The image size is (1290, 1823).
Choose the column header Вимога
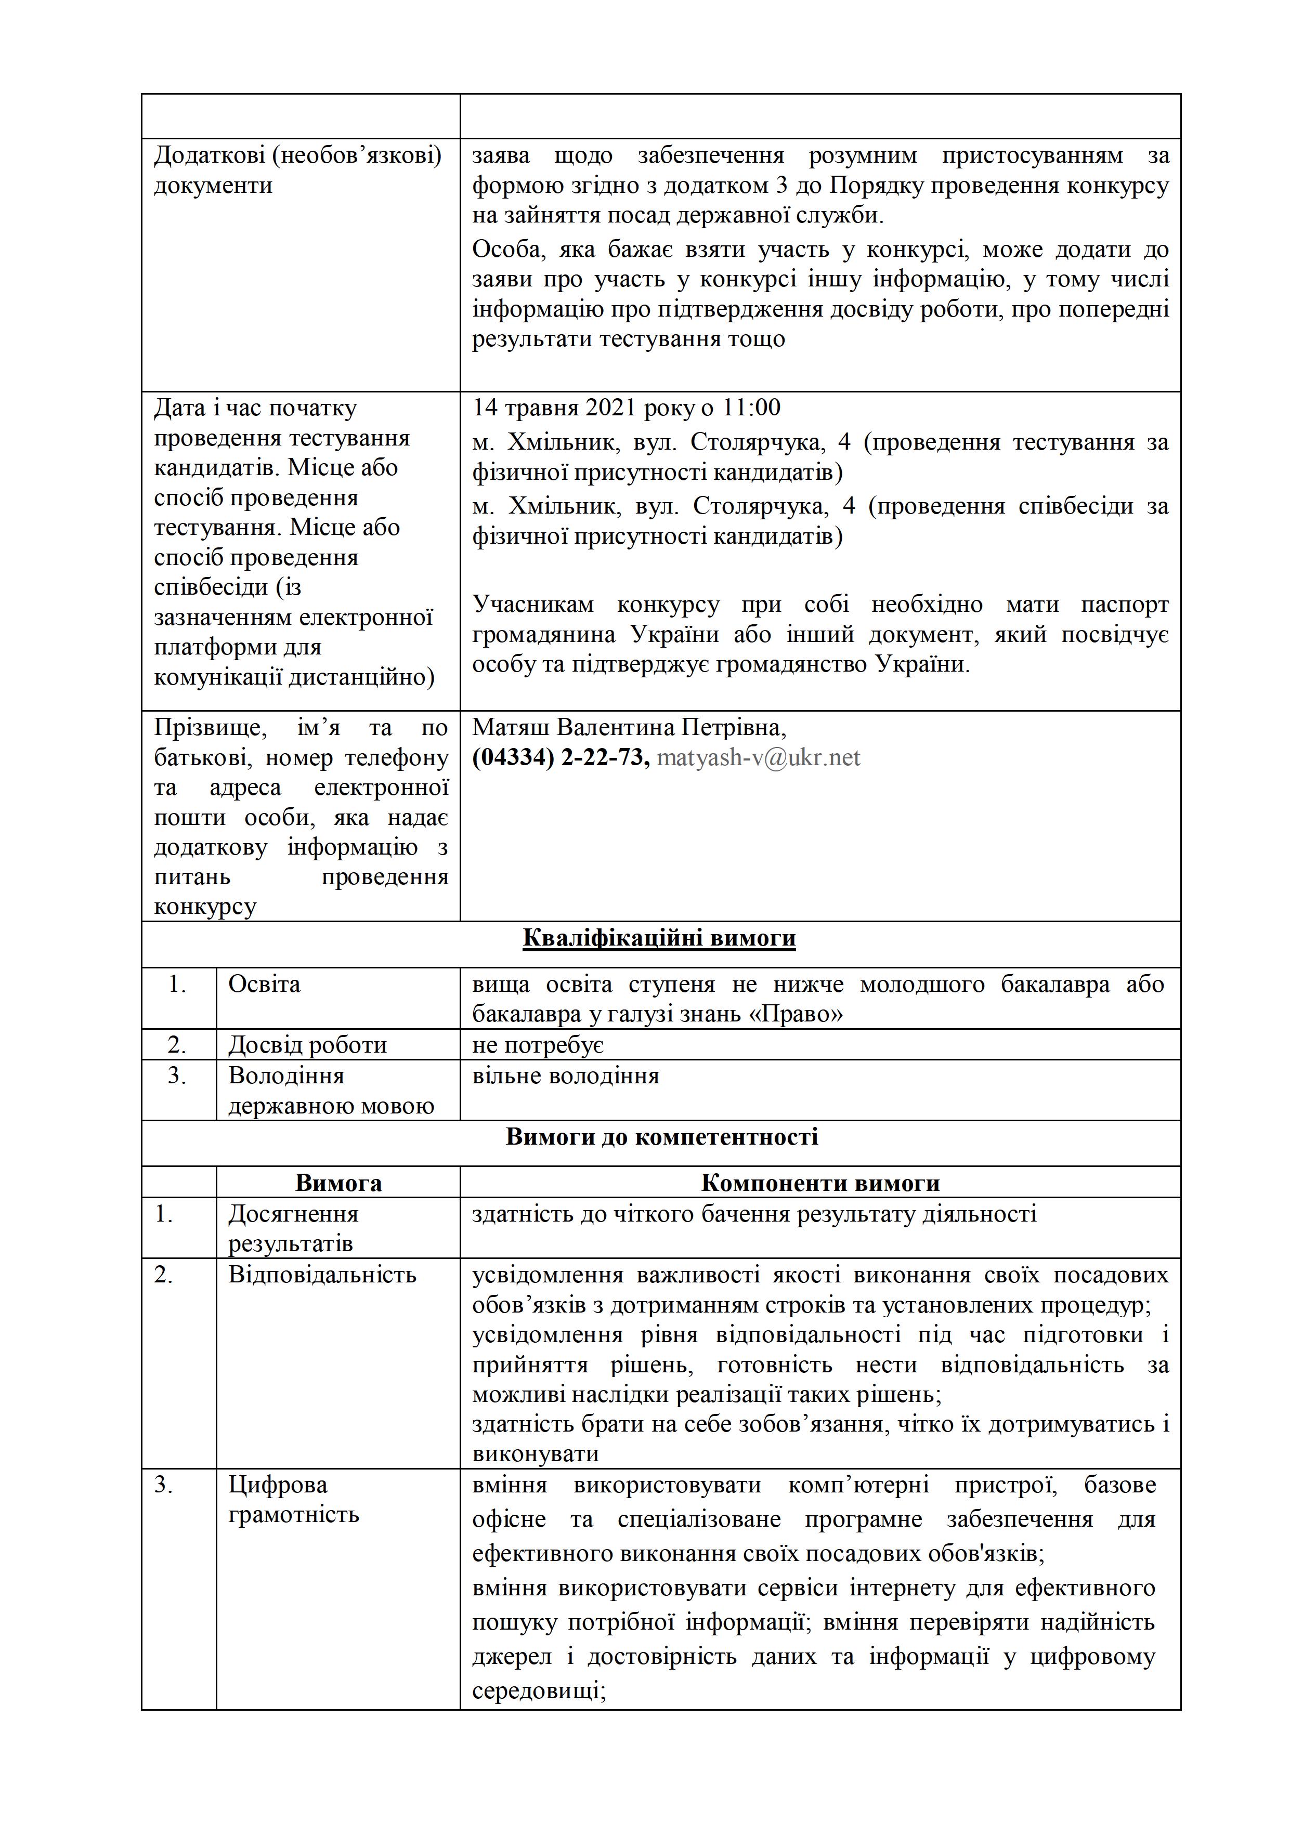[x=338, y=1183]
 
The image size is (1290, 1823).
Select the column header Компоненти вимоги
[x=820, y=1183]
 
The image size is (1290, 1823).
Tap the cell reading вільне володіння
[x=566, y=1076]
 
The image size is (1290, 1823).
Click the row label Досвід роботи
[x=307, y=1045]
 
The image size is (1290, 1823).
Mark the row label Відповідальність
[x=322, y=1275]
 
